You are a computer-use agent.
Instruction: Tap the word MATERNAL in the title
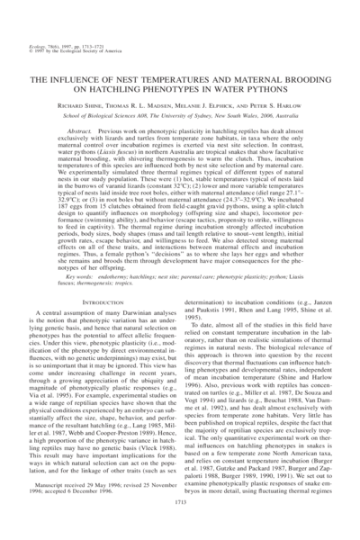[x=247, y=80]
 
